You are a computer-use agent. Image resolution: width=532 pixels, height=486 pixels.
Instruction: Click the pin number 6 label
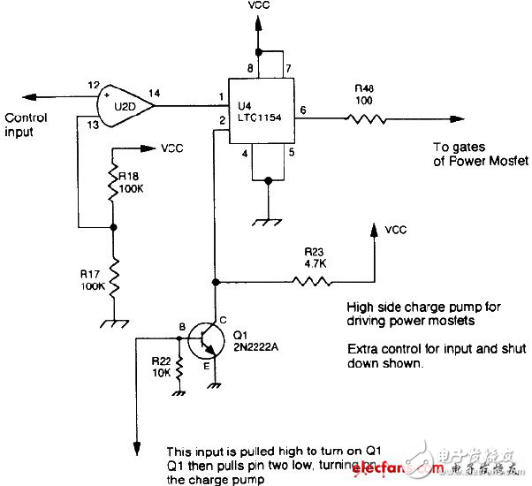tap(302, 110)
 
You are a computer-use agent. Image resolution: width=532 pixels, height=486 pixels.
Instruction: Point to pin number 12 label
tap(92, 86)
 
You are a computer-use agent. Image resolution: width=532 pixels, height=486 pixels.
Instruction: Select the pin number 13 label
tap(92, 125)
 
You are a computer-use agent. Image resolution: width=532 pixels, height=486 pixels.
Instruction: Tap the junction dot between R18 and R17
tap(113, 227)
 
